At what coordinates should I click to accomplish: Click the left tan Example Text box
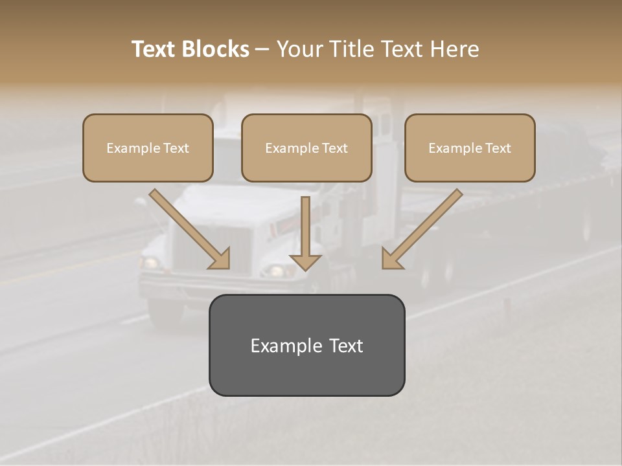[148, 148]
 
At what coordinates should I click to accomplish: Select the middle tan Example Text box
[306, 148]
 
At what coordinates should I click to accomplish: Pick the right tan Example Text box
[470, 148]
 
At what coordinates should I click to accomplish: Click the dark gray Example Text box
[306, 345]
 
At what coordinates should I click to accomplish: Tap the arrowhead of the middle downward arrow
[305, 261]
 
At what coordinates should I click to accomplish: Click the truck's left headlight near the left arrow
[151, 263]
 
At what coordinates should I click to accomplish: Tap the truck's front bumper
[194, 285]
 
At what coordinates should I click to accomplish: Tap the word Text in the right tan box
[498, 148]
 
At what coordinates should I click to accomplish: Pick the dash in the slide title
[262, 49]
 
